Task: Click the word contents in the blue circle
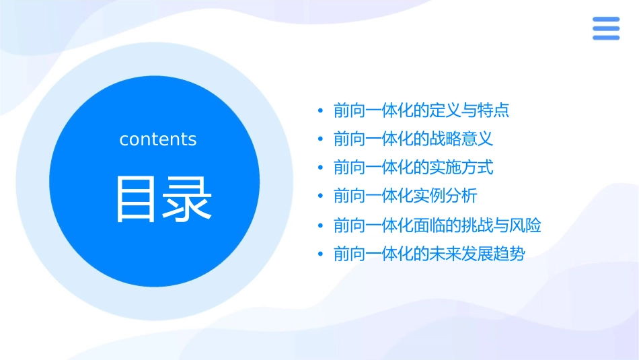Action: click(x=158, y=139)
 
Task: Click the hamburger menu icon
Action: click(x=606, y=29)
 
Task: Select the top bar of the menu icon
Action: click(x=606, y=20)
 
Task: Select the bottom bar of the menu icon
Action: click(x=606, y=38)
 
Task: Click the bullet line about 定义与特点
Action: click(x=421, y=110)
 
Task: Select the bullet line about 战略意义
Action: click(x=413, y=139)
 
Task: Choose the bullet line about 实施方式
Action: click(x=413, y=168)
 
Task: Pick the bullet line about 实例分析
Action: click(x=405, y=196)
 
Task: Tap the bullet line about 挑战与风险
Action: click(x=437, y=225)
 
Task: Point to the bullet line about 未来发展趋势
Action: click(x=429, y=254)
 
